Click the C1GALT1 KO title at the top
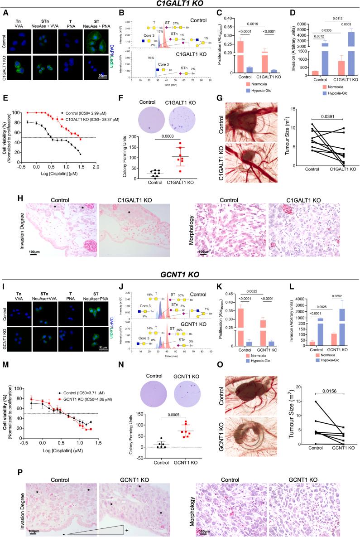point(180,4)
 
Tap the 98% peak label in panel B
point(146,58)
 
